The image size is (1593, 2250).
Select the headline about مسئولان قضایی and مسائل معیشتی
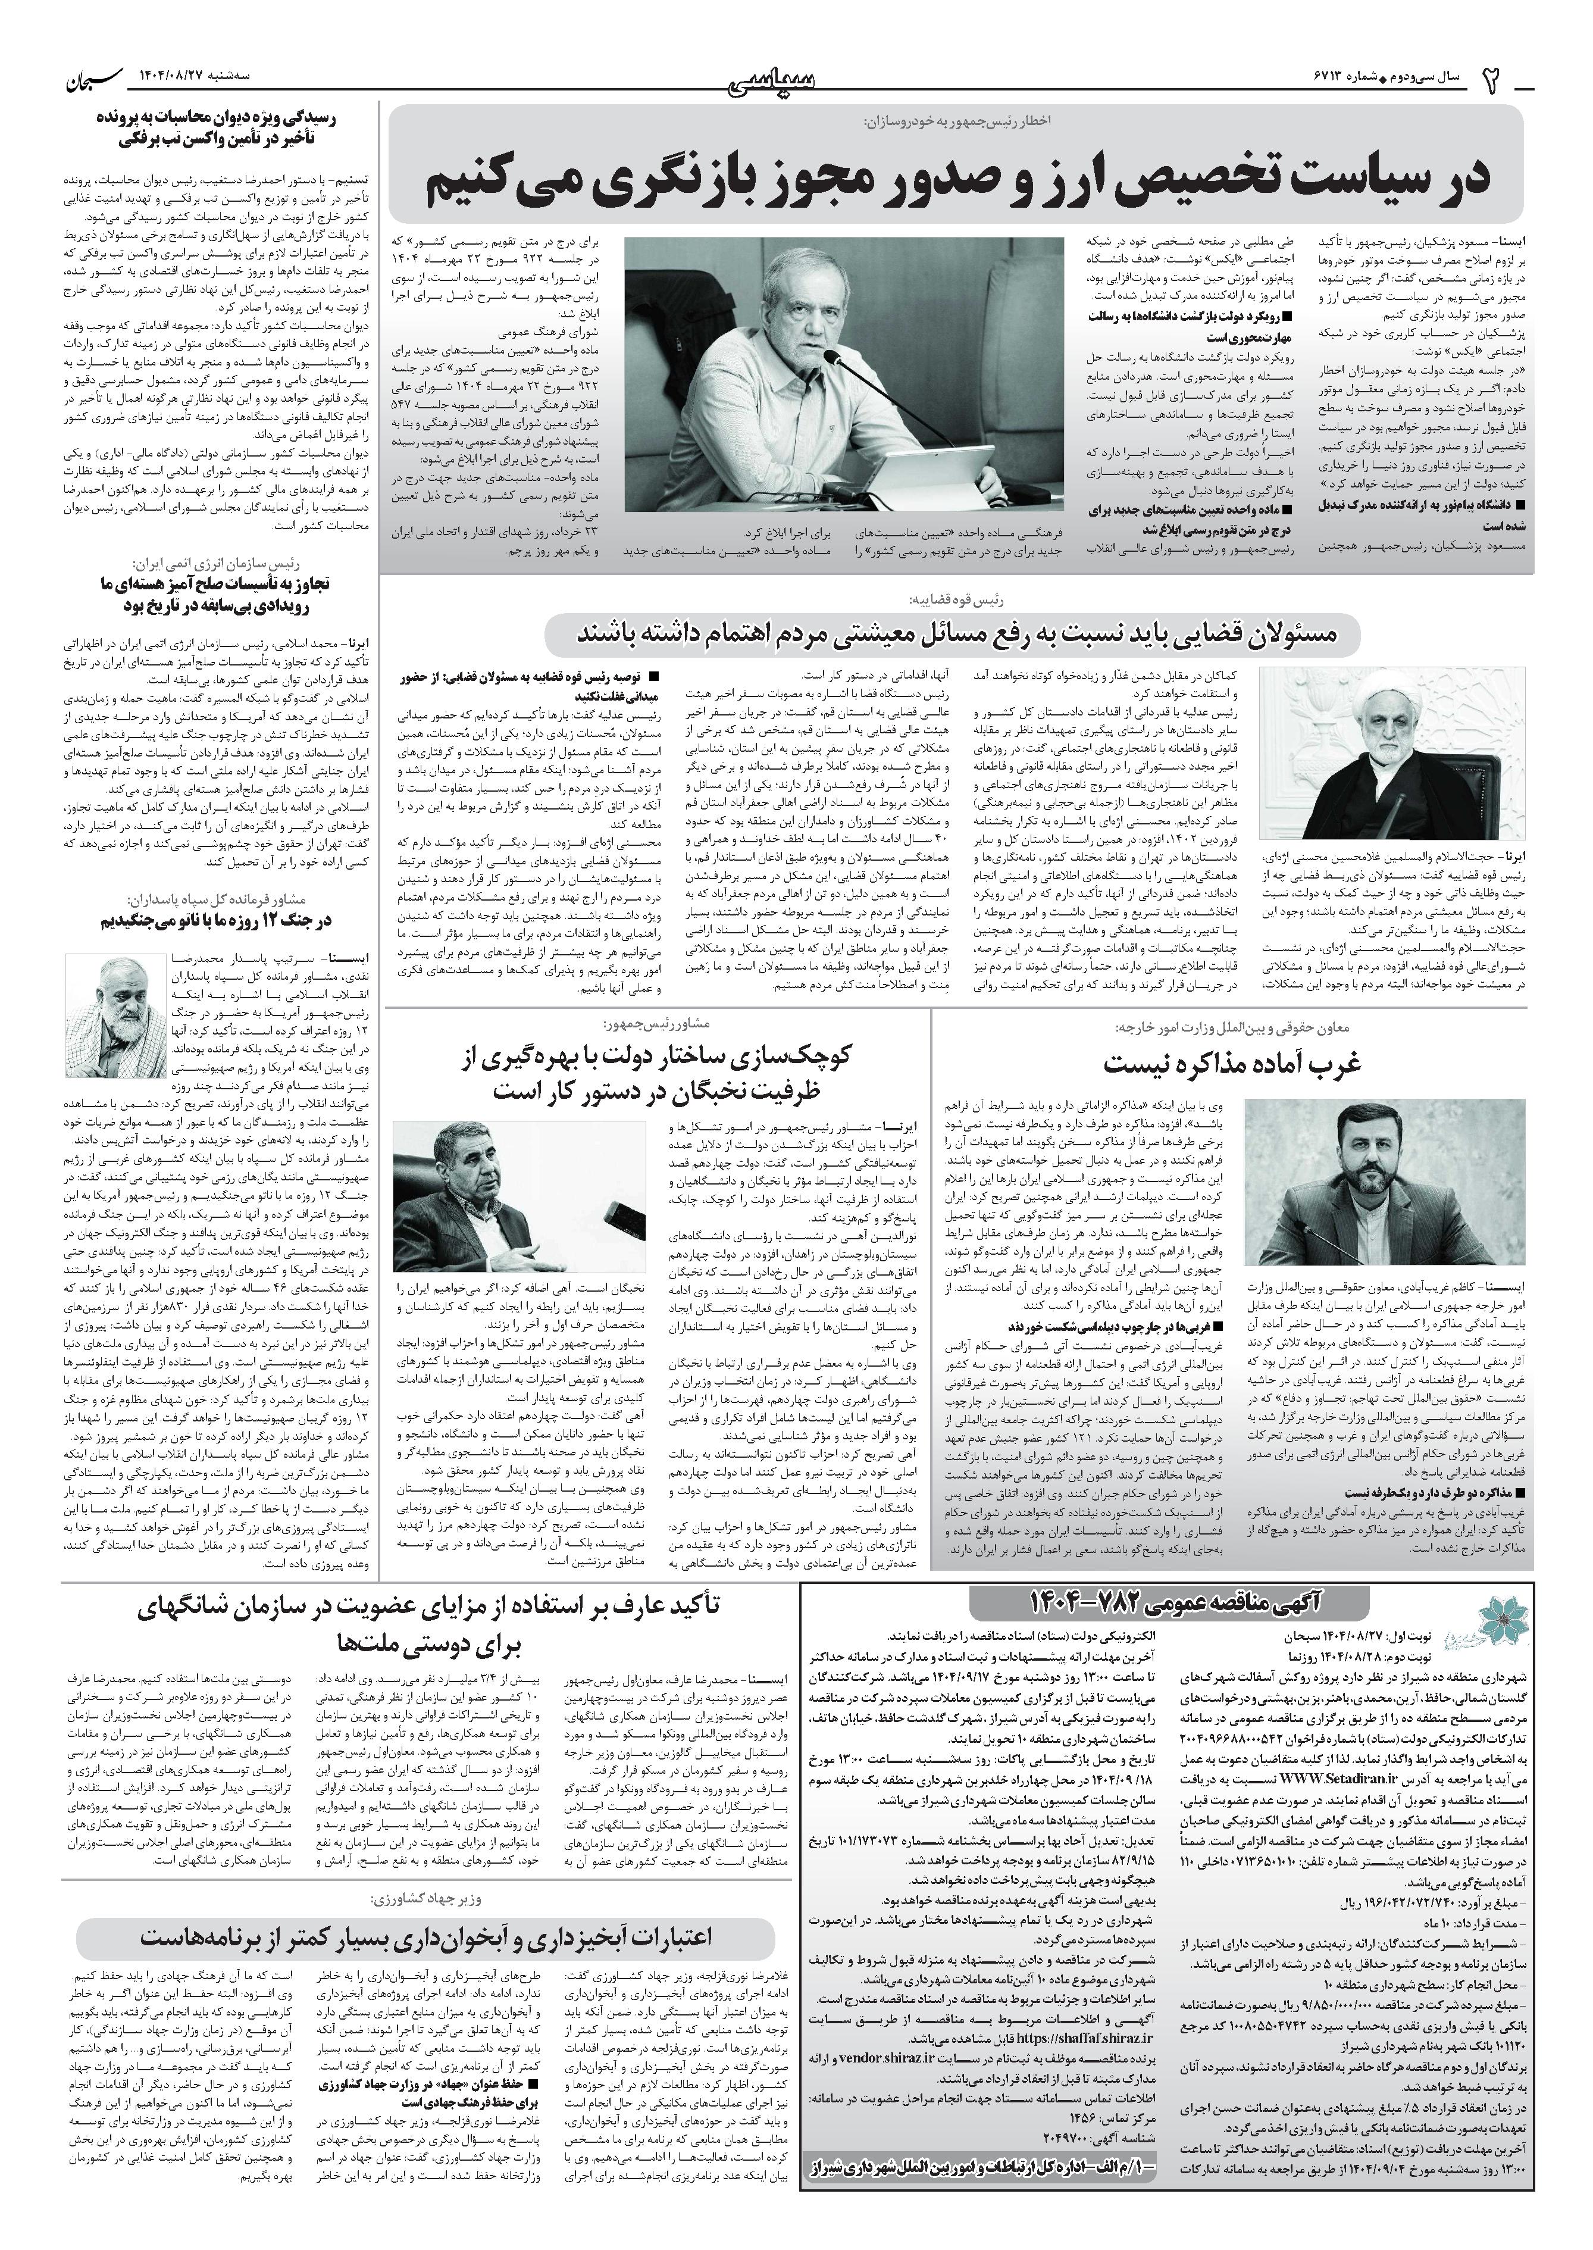pos(956,636)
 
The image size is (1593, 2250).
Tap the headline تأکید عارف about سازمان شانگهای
pos(431,1626)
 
